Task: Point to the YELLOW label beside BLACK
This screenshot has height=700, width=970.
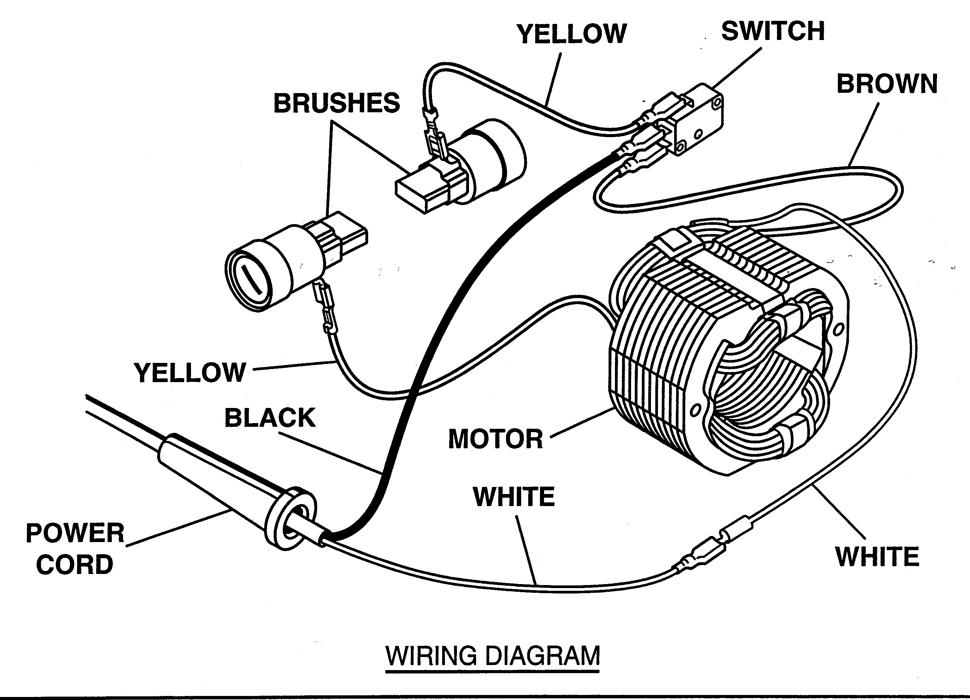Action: pos(190,373)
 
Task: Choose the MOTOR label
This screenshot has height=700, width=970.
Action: pos(495,439)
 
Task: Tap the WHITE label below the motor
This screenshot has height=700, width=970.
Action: pos(514,497)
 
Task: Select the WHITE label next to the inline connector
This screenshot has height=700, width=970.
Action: pos(877,557)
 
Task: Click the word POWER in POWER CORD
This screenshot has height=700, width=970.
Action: pos(75,533)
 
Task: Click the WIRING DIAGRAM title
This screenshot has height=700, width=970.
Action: pos(493,656)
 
